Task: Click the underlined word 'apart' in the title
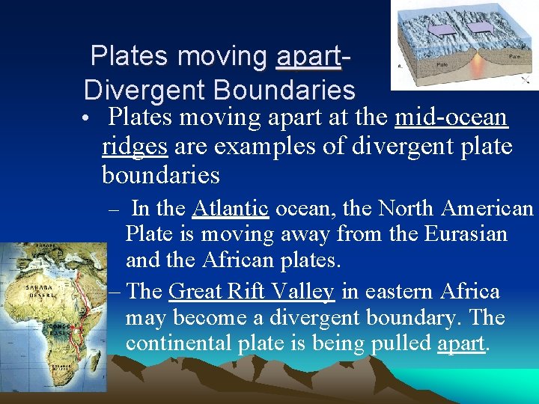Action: (308, 57)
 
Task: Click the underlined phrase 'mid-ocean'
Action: (451, 117)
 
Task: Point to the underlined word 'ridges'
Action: (135, 146)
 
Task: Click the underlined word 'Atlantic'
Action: (230, 207)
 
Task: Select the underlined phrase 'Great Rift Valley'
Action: (252, 291)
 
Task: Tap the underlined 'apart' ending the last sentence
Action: (461, 343)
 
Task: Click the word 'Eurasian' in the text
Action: (466, 234)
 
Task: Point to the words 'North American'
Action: (456, 207)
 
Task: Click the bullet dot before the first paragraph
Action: (88, 120)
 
